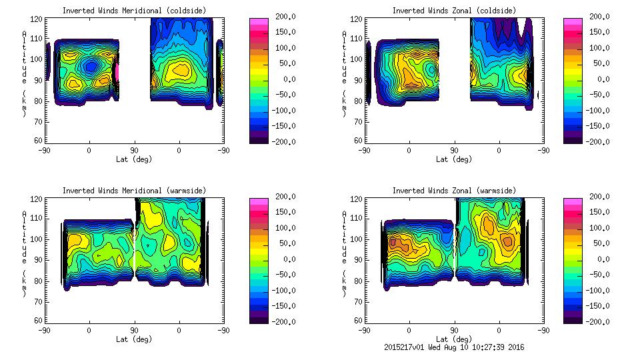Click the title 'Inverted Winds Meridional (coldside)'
(135, 11)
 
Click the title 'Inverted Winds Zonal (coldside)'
(454, 11)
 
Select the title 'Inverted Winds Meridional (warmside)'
(135, 191)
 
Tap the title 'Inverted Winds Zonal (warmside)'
(454, 191)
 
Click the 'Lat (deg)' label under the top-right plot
(454, 159)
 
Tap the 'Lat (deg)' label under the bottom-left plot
(135, 339)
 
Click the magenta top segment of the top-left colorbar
(259, 22)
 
